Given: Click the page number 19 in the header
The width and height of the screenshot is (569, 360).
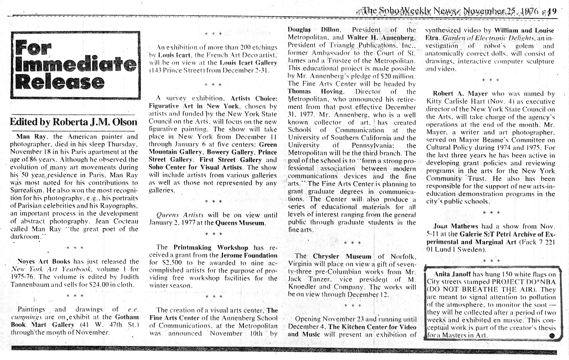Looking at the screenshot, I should click(x=552, y=12).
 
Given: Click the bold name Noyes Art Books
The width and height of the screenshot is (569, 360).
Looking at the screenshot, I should click(x=44, y=261).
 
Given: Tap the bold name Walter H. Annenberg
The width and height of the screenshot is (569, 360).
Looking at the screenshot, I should click(x=381, y=38).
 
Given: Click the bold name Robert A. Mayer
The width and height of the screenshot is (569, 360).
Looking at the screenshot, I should click(x=460, y=94).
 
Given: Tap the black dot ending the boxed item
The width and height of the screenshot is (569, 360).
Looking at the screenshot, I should click(x=552, y=336).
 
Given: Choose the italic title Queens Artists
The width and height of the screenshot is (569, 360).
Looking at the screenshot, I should click(x=180, y=215).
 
